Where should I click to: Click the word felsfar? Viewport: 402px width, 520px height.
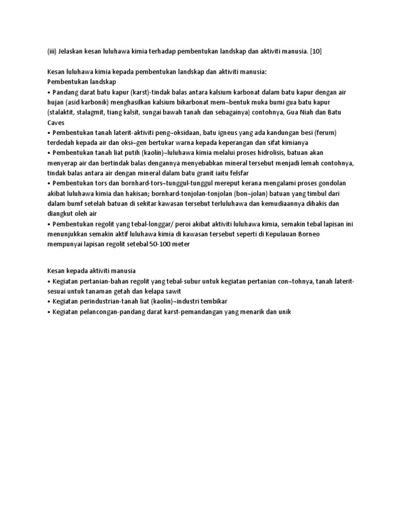[x=237, y=173]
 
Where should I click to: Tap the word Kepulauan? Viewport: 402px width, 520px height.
[x=274, y=234]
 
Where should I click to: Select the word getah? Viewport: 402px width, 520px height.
[x=144, y=290]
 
